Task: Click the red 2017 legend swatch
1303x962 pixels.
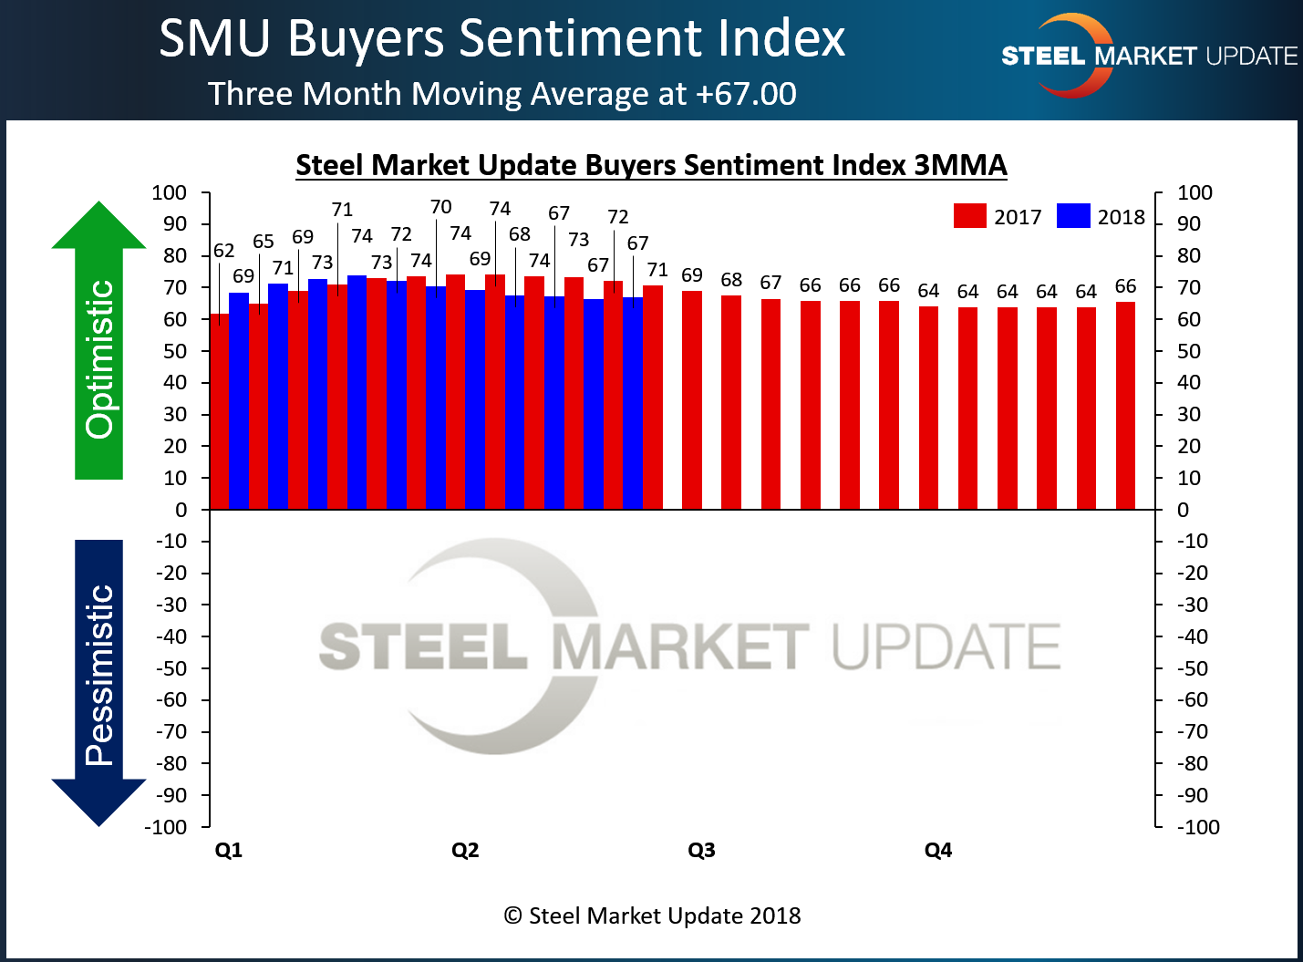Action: click(969, 216)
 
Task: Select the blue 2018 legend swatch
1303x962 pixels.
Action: click(1073, 216)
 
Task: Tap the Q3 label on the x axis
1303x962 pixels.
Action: click(701, 850)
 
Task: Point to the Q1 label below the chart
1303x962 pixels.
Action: click(228, 850)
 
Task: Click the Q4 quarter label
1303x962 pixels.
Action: click(937, 850)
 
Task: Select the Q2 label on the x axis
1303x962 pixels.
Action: click(465, 850)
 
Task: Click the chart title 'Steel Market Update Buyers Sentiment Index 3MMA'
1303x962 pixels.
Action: click(651, 165)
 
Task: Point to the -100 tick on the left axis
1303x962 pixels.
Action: click(165, 827)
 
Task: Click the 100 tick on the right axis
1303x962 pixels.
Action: click(1194, 192)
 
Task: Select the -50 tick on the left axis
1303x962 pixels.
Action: click(169, 668)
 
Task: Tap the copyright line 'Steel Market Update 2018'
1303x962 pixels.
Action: click(653, 915)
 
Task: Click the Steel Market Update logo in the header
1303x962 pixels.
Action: click(1148, 56)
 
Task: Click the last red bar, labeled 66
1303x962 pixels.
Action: click(1125, 405)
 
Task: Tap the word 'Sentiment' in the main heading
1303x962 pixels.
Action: click(582, 38)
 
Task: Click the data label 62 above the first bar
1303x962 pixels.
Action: click(223, 251)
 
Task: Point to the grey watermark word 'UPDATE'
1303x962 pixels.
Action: click(946, 647)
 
